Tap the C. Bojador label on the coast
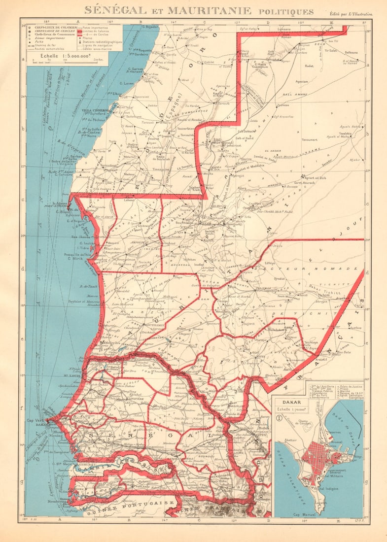(x=149, y=27)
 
